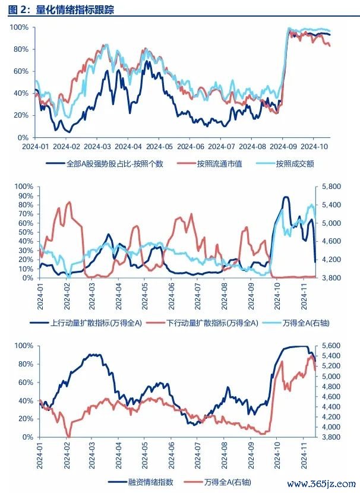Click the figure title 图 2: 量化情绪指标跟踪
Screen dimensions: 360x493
pos(61,10)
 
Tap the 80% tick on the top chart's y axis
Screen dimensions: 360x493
pos(21,49)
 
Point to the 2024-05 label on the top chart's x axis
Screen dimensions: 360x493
pos(159,147)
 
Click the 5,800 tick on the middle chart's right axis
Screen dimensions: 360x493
pos(331,187)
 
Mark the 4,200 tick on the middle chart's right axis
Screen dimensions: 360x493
pos(331,260)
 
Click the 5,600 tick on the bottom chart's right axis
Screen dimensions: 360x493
pos(331,346)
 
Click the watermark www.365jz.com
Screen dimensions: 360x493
pos(321,483)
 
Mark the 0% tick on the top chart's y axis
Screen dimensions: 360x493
pos(23,138)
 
